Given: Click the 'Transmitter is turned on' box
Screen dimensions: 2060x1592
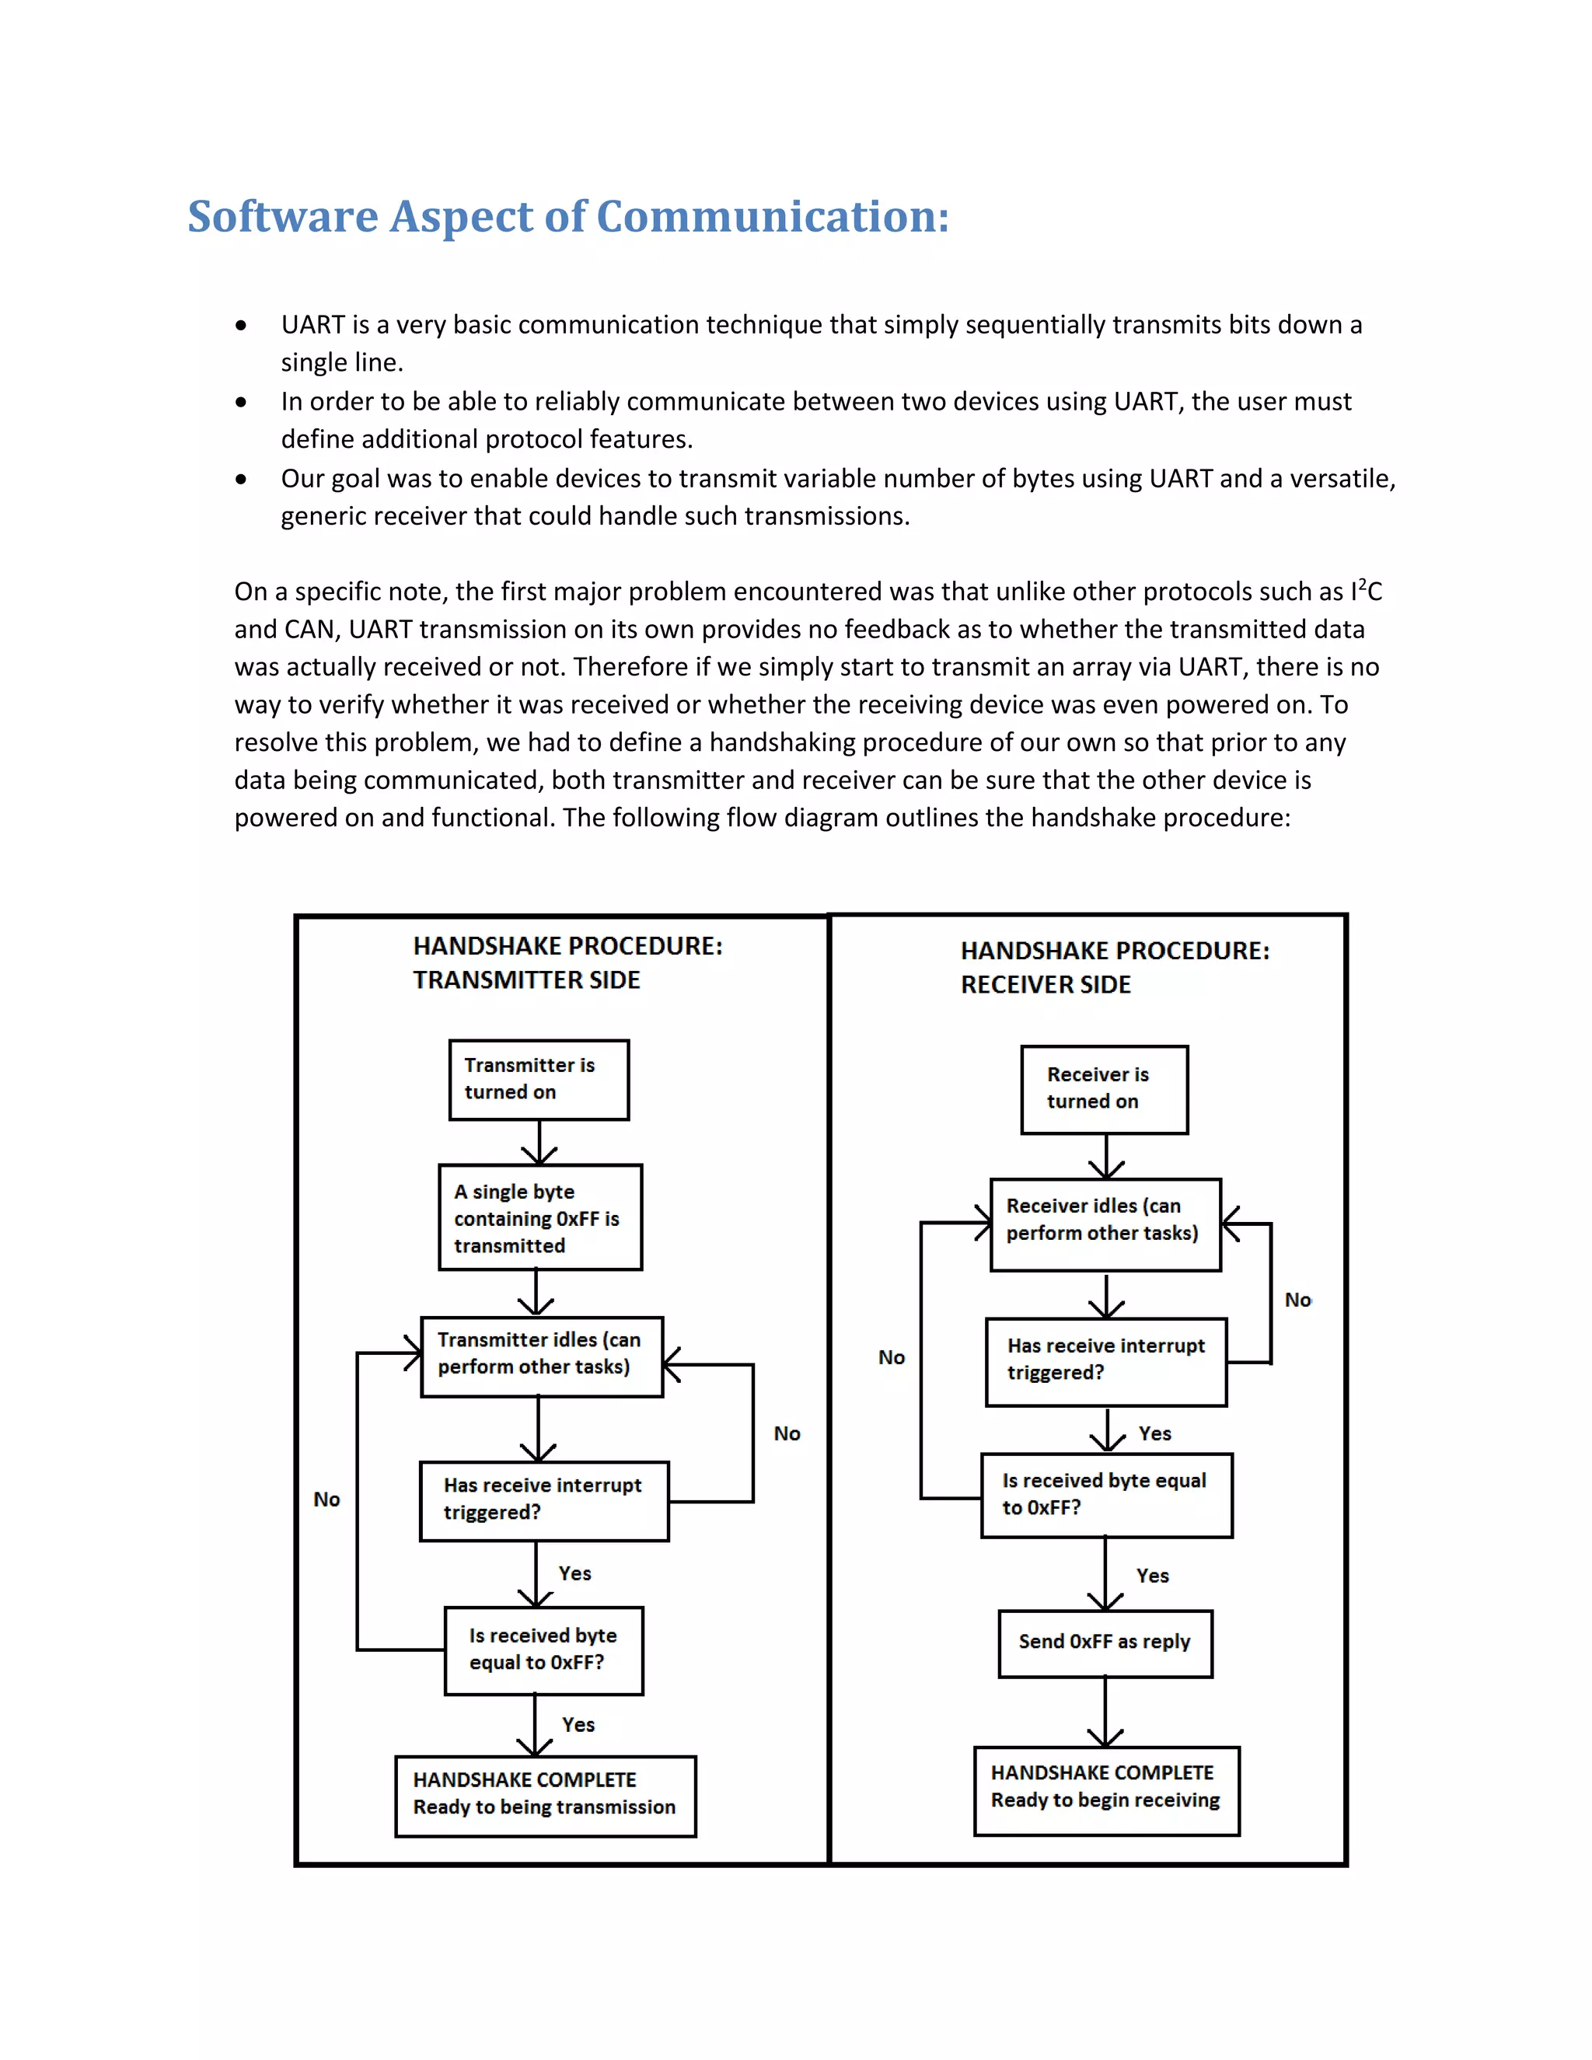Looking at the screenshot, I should click(x=539, y=1080).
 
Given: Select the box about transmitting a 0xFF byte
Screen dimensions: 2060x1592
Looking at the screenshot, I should click(x=540, y=1217).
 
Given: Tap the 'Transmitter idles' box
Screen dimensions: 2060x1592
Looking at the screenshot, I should click(x=541, y=1356).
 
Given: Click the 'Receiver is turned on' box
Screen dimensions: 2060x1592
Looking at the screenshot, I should click(x=1104, y=1089).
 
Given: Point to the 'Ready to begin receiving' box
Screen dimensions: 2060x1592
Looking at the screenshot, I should click(x=1105, y=1790).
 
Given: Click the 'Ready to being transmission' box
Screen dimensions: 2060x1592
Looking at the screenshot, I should click(x=545, y=1796).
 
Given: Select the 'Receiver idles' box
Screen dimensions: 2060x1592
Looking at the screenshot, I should click(x=1105, y=1224).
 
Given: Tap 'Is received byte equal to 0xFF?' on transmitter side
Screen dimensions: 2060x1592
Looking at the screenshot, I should click(x=543, y=1650).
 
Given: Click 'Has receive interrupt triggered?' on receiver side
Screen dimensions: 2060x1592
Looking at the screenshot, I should click(x=1105, y=1362).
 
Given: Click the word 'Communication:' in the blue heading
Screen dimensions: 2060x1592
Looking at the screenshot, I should click(x=773, y=218).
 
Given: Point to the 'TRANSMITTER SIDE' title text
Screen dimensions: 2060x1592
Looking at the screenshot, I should click(x=526, y=980).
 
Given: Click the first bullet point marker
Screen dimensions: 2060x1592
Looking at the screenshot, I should click(x=242, y=326).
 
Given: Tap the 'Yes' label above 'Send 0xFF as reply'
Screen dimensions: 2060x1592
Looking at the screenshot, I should click(x=1151, y=1575).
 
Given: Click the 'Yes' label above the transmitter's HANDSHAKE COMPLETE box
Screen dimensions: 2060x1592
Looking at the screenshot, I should click(x=578, y=1724).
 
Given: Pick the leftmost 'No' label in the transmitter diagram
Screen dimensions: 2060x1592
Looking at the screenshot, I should click(x=326, y=1499).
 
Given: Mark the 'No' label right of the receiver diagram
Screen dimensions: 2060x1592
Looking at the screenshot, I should click(x=1297, y=1300).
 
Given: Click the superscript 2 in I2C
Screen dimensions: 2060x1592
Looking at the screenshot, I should click(x=1361, y=584).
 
